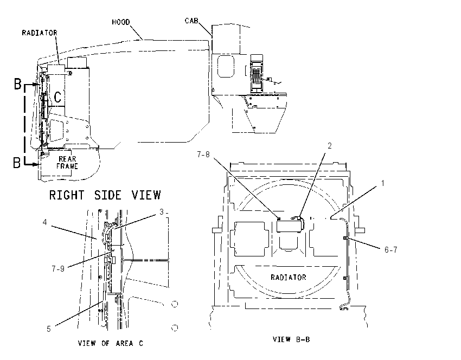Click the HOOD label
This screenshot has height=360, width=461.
click(121, 22)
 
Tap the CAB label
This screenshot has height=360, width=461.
click(191, 21)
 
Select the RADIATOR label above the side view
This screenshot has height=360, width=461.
click(40, 33)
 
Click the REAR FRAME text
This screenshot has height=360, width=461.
click(67, 163)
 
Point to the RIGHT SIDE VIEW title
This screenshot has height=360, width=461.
click(105, 195)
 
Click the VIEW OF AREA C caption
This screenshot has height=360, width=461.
click(111, 343)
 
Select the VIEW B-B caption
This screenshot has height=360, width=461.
click(291, 339)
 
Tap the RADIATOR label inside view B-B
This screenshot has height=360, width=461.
click(289, 277)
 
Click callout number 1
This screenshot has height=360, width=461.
click(383, 183)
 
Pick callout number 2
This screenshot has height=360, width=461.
click(330, 146)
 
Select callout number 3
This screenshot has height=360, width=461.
click(162, 212)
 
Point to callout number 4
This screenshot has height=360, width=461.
click(44, 222)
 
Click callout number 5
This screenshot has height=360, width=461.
click(49, 329)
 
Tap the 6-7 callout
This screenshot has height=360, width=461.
click(391, 250)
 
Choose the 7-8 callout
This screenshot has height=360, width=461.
click(203, 155)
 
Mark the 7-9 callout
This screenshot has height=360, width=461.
click(58, 268)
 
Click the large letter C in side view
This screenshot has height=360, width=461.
click(58, 97)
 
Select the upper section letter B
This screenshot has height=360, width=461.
click(18, 83)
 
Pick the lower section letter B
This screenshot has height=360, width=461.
click(17, 163)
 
